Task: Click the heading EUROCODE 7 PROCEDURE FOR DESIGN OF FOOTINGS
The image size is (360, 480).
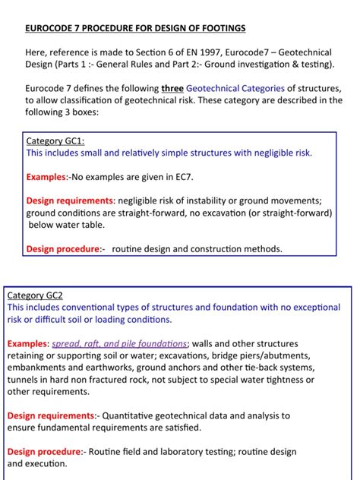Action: click(x=135, y=28)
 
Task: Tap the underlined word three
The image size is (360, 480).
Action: click(x=172, y=88)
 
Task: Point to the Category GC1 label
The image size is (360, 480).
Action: click(x=56, y=141)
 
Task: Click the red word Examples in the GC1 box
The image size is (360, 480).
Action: click(x=47, y=176)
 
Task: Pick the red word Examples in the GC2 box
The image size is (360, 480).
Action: click(x=27, y=343)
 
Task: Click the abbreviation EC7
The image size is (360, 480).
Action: click(x=182, y=176)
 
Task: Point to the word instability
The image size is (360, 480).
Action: click(x=208, y=201)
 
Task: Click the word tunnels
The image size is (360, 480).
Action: click(x=24, y=380)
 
